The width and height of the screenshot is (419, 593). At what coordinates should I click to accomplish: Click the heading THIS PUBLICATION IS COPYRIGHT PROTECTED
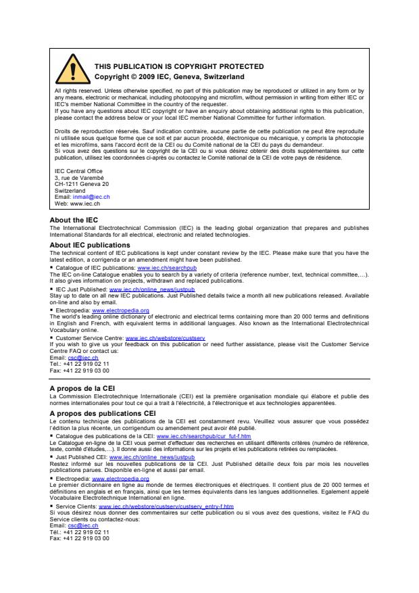pos(178,66)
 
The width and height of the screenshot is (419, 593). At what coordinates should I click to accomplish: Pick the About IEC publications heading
pos(90,244)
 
